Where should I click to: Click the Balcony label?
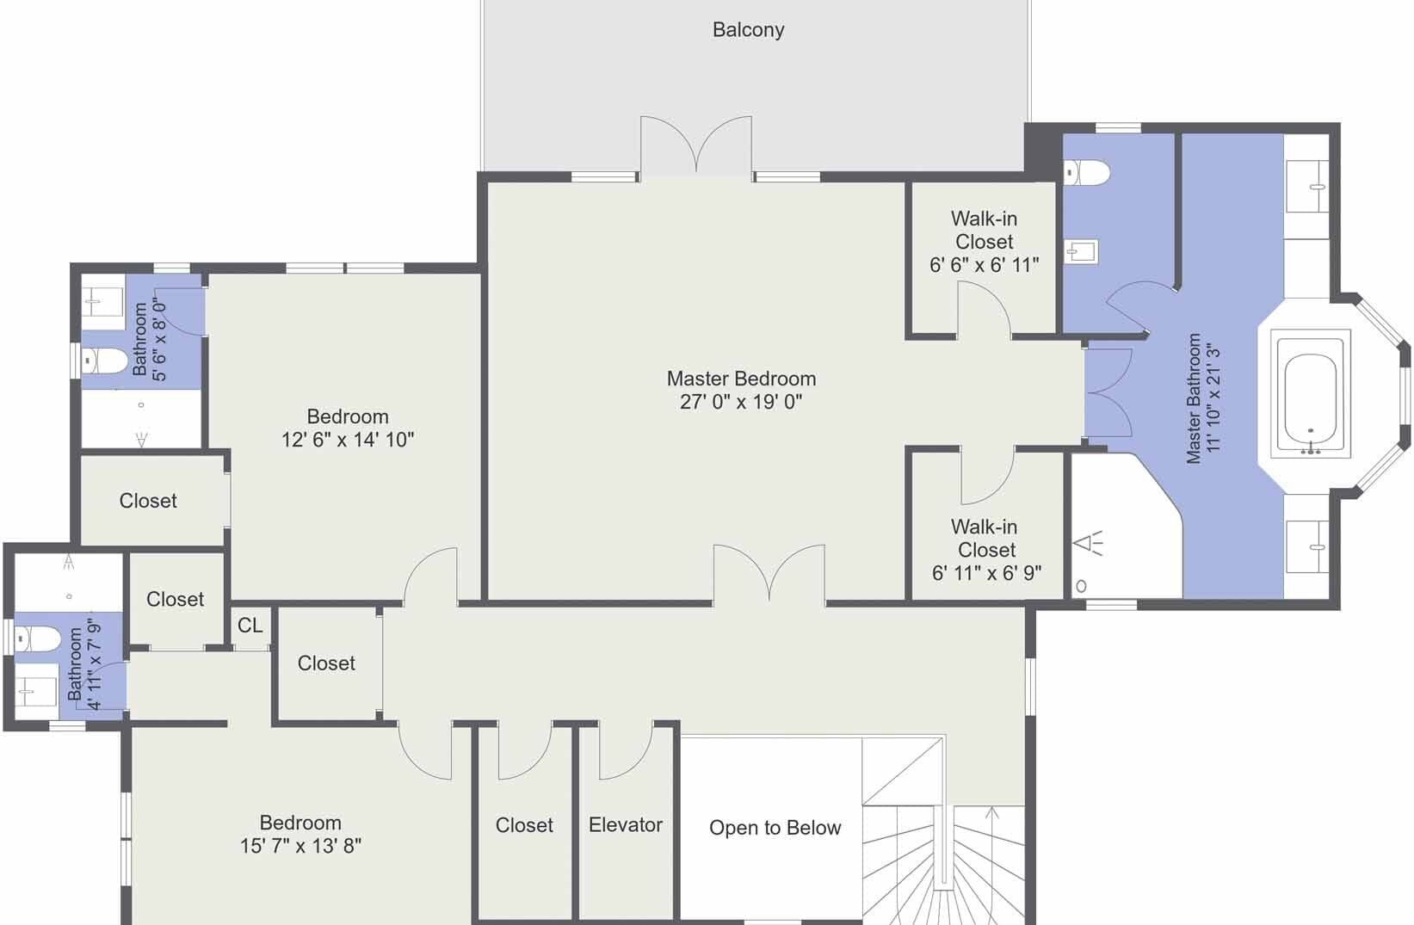tap(748, 29)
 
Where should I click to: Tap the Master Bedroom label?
tap(741, 379)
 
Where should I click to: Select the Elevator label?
tap(626, 824)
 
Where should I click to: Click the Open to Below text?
tap(775, 828)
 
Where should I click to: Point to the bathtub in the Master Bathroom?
tap(1311, 394)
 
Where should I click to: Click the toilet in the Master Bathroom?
tap(1086, 172)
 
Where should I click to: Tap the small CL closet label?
tap(250, 626)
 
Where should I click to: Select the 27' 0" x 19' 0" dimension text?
tap(741, 402)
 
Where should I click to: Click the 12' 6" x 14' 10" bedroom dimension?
tap(348, 440)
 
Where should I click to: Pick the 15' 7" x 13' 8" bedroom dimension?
tap(300, 846)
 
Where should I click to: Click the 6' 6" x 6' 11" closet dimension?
tap(984, 265)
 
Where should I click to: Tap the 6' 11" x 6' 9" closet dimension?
tap(986, 573)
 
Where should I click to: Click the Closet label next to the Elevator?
tap(524, 825)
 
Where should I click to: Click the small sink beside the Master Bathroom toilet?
tap(1081, 252)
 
